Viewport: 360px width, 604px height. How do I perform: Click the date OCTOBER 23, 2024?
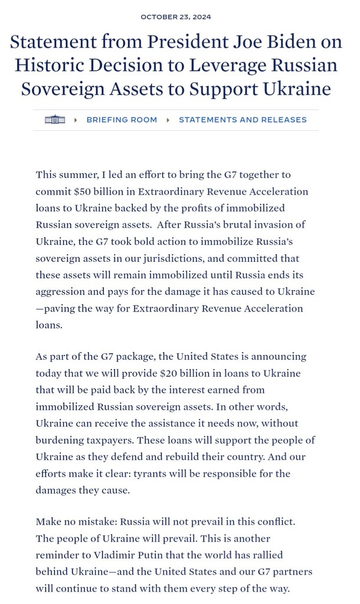pyautogui.click(x=176, y=17)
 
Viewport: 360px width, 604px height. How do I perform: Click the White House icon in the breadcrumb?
pyautogui.click(x=54, y=120)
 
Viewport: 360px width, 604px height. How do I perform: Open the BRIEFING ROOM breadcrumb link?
pyautogui.click(x=122, y=120)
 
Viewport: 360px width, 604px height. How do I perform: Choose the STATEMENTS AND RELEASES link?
pyautogui.click(x=243, y=120)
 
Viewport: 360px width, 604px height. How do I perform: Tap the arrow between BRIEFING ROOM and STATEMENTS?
pyautogui.click(x=168, y=120)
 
